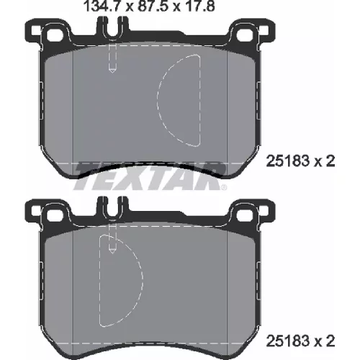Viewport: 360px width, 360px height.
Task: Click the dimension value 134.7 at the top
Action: point(103,6)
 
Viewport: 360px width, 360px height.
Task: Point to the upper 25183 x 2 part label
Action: point(300,161)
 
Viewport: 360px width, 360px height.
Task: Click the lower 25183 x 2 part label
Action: point(300,341)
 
